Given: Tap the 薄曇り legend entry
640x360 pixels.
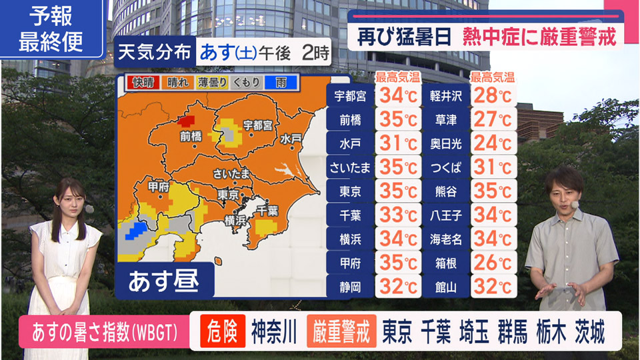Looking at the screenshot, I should click(212, 83).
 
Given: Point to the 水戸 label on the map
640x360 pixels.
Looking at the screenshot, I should click(291, 139).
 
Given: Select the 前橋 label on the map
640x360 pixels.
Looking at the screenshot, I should click(191, 136).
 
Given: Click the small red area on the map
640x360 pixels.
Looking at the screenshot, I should click(186, 120).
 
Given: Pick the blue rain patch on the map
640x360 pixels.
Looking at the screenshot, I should click(136, 231).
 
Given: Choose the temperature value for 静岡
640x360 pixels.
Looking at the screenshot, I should click(398, 287).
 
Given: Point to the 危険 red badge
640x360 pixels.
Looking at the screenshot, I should click(223, 331).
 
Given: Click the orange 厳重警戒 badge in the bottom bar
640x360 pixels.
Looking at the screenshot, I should click(341, 331).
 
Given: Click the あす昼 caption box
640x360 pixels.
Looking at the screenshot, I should click(165, 281).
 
